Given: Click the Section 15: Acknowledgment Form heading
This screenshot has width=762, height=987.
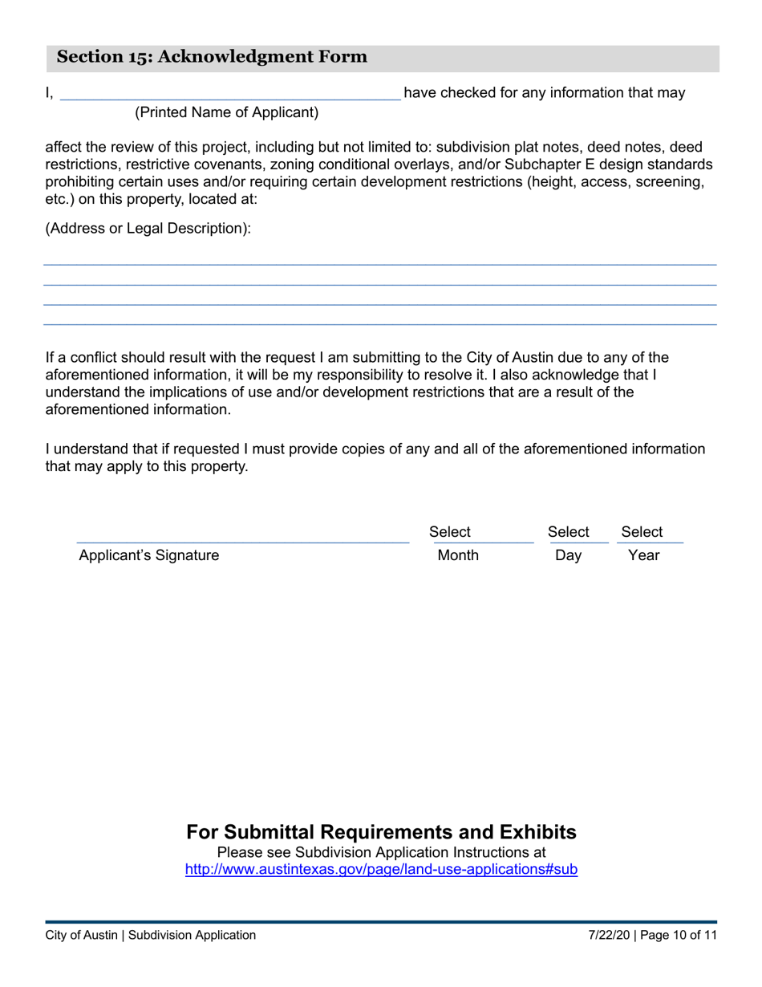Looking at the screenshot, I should [212, 57].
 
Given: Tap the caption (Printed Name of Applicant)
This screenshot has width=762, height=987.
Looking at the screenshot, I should [226, 113].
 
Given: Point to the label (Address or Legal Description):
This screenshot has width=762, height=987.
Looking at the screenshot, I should [148, 229].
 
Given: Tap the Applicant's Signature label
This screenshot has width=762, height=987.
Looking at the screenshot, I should [148, 555].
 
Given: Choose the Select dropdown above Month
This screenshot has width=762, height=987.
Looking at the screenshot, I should [451, 532].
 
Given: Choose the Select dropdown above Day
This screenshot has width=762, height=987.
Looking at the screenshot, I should [568, 532].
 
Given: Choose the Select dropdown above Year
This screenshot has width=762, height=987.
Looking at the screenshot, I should [642, 532].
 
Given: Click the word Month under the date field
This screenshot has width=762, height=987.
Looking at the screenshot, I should [458, 555].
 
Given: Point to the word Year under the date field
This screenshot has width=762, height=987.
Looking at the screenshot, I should [643, 555].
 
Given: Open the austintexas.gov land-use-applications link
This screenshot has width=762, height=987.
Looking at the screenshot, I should [381, 869].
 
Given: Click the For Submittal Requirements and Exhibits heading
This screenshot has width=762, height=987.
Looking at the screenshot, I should [381, 832].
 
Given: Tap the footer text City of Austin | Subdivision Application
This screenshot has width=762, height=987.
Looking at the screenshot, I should [151, 935].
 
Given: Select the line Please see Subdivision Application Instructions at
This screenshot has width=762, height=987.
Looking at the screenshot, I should [381, 852].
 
